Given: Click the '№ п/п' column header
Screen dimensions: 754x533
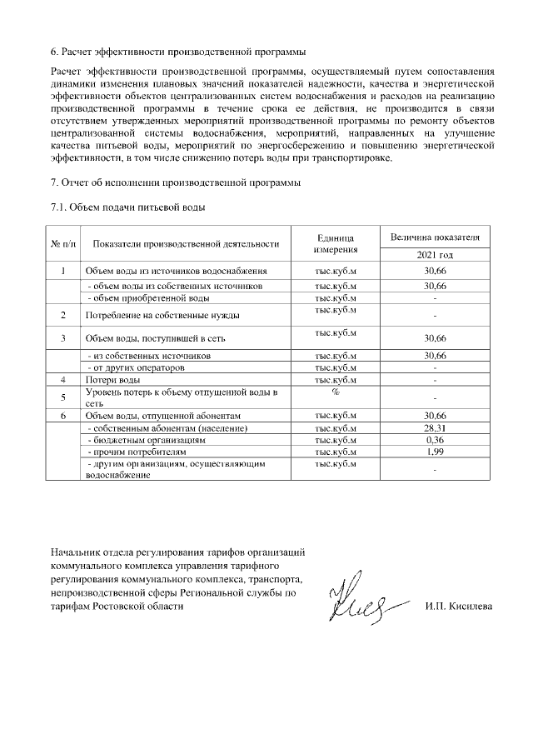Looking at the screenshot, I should pyautogui.click(x=63, y=243).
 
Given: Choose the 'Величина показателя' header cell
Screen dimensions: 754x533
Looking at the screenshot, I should pyautogui.click(x=435, y=237).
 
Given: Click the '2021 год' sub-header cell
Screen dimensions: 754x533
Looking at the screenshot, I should pyautogui.click(x=435, y=255).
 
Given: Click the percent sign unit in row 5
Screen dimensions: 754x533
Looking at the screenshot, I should pyautogui.click(x=336, y=392).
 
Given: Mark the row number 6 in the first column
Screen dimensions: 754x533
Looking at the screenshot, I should pyautogui.click(x=63, y=416).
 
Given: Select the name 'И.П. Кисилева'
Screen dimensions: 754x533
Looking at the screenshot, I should pyautogui.click(x=458, y=606).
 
